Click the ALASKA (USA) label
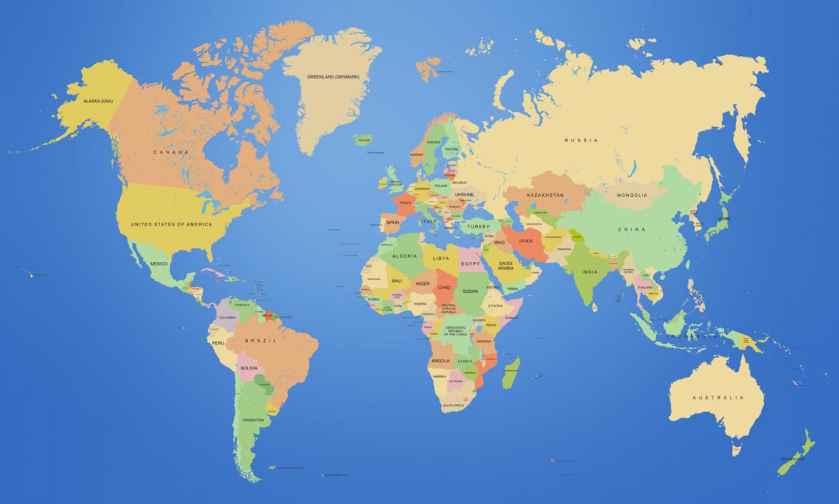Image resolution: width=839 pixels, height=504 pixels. tap(98, 101)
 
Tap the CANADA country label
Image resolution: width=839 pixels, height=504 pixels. tap(171, 152)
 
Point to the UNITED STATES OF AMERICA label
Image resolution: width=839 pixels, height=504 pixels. tap(171, 224)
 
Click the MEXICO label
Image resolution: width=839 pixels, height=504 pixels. tap(159, 264)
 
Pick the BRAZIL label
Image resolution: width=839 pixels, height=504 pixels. tap(260, 341)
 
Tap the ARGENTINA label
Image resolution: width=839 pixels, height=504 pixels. tap(253, 420)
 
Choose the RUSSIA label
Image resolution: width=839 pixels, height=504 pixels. tap(581, 140)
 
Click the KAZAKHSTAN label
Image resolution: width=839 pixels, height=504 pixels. tap(545, 196)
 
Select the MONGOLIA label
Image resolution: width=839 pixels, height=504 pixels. tap(632, 195)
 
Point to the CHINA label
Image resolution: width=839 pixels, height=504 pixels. tap(632, 229)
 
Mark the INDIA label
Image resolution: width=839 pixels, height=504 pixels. tap(589, 272)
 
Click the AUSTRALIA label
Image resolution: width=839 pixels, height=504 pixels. tap(718, 398)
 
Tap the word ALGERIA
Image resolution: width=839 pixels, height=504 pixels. tap(405, 256)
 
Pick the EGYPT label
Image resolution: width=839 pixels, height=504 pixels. tap(470, 264)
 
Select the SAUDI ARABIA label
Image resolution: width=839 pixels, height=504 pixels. tap(506, 266)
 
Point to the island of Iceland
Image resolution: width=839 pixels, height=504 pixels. tap(363, 140)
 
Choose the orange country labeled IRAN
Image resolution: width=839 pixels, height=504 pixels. tap(526, 241)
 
